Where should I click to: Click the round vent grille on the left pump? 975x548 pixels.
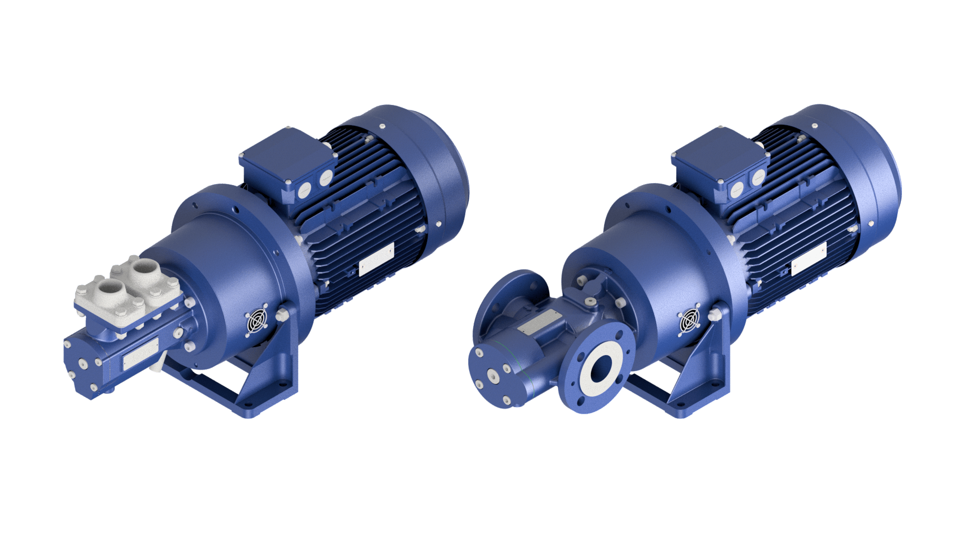tap(256, 321)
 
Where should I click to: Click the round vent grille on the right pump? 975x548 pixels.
tap(690, 321)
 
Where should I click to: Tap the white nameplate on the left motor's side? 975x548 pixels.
tap(376, 260)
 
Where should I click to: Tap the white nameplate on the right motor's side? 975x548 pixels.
tap(808, 259)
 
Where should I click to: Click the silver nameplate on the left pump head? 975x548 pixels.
tap(140, 359)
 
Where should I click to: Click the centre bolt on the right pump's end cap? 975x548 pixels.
tap(492, 375)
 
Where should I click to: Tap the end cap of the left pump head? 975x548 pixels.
tap(81, 365)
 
